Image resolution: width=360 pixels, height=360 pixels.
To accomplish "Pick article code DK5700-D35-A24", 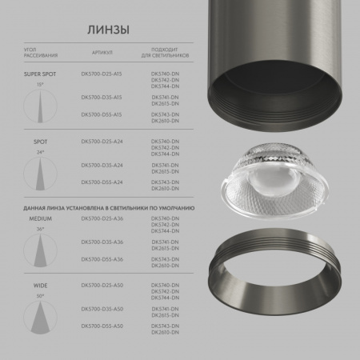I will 102,165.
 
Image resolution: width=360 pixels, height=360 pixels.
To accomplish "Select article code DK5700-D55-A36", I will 102,258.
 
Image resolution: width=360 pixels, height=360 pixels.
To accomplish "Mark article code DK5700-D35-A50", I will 102,307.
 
